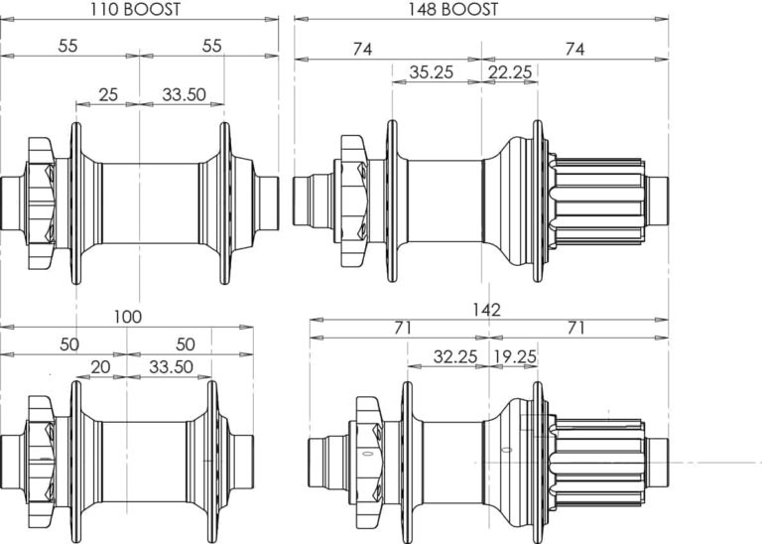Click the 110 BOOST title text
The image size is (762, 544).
pos(135,9)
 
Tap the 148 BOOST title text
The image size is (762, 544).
pos(452,9)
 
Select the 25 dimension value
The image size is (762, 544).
pos(108,94)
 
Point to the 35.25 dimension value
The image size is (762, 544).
pos(431,72)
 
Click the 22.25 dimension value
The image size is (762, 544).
pos(510,72)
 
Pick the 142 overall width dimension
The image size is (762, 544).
pos(486,310)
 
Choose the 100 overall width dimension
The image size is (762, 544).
pos(128,317)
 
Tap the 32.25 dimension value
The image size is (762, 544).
pos(455,356)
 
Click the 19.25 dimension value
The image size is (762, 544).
pos(515,356)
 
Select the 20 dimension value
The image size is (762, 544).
pos(100,367)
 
